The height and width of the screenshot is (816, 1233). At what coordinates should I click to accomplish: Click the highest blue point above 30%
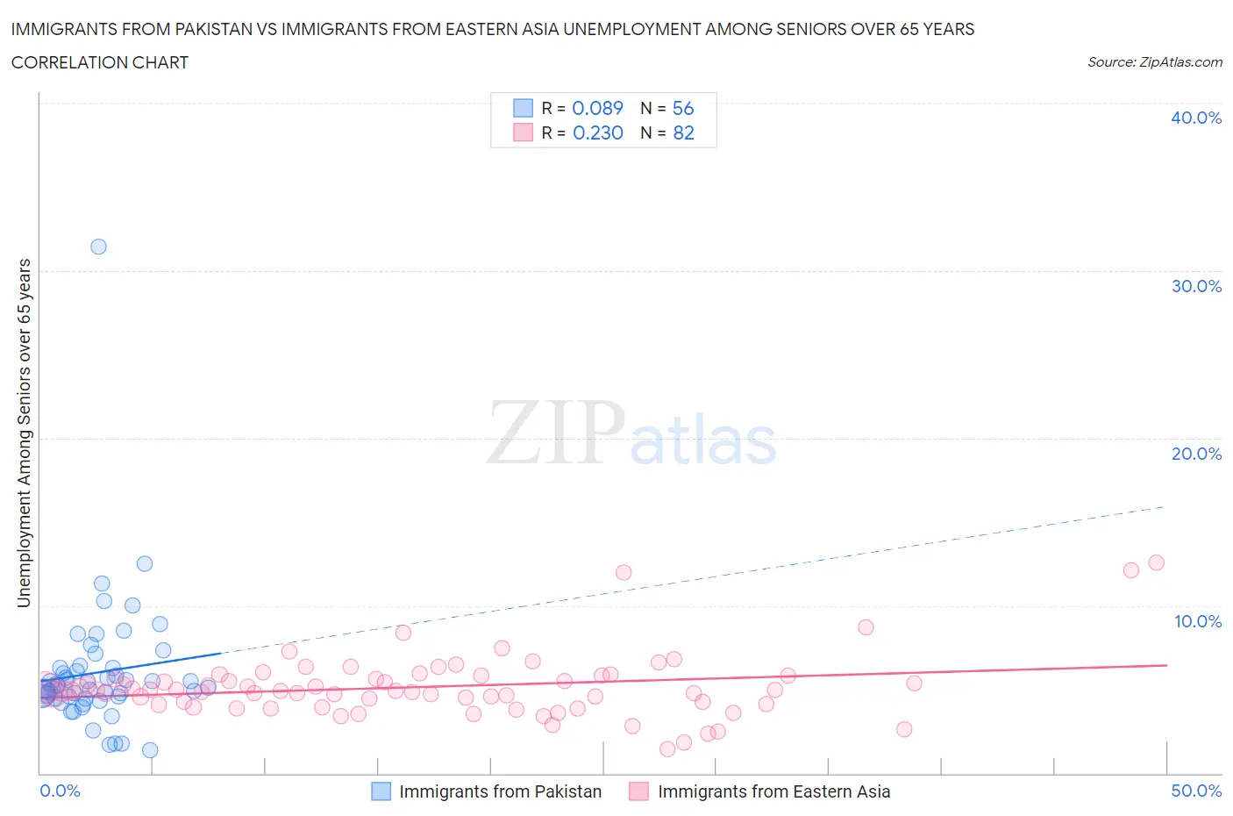pos(98,247)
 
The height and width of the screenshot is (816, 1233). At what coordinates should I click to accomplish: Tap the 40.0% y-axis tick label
pos(1195,118)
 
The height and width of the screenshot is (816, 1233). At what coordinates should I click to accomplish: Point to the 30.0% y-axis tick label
pos(1195,286)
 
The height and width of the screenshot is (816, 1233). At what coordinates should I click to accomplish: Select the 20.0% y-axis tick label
pos(1195,454)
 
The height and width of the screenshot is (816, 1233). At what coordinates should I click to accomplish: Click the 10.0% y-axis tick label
pos(1197,621)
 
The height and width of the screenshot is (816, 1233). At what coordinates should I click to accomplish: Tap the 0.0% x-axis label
pos(60,791)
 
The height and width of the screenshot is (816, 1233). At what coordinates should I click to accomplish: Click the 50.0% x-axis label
pos(1195,791)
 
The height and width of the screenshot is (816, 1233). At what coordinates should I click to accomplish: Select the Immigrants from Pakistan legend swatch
pos(381,791)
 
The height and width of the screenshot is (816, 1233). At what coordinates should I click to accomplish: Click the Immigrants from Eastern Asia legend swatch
pos(638,791)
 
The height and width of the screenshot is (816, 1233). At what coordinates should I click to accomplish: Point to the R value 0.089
pos(597,108)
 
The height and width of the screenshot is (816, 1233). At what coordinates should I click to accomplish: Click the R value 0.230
pos(597,132)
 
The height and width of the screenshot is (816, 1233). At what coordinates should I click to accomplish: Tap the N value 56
pos(682,108)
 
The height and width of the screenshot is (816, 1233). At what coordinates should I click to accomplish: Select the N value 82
pos(683,132)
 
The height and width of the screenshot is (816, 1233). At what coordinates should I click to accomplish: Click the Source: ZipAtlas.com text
pos(1154,61)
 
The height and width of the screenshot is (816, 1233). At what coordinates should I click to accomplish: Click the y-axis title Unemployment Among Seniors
pos(25,433)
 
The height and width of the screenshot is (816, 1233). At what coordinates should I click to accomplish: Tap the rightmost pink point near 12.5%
pos(1156,562)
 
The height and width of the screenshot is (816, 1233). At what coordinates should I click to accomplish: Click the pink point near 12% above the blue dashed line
pos(624,572)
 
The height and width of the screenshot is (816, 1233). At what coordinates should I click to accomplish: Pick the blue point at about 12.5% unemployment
pos(145,563)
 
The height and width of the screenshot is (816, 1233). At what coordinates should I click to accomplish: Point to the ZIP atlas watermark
pos(631,434)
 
